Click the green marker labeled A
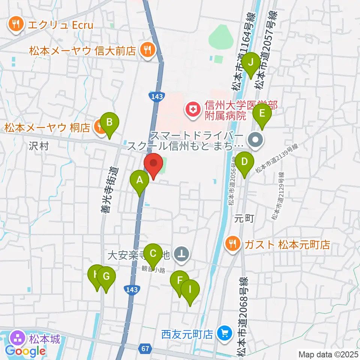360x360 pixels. point(139,181)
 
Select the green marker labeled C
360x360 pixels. point(153,254)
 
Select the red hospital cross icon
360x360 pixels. point(193,110)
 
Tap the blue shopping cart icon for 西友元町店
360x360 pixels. point(225,333)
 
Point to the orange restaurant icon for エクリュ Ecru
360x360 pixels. point(15,25)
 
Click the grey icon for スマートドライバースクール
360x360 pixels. point(256,141)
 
